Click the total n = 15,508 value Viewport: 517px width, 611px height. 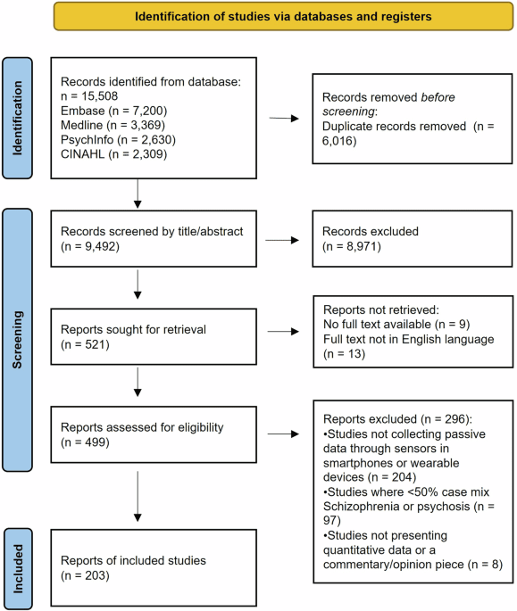pyautogui.click(x=94, y=94)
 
